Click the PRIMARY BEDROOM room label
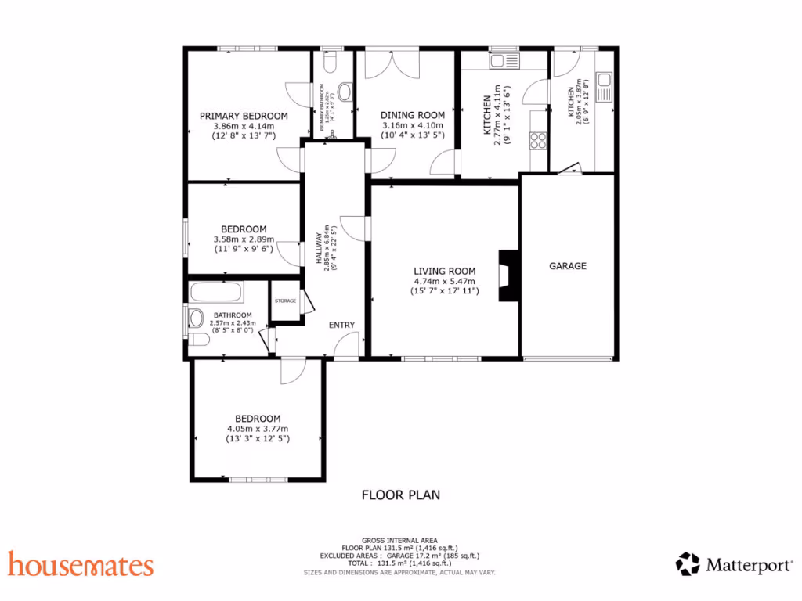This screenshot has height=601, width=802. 243,116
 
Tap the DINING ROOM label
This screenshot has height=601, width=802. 413,116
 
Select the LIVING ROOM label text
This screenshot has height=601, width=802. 445,272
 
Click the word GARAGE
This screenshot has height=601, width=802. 567,266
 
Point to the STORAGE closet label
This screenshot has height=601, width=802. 285,301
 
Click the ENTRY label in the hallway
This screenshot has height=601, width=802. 341,326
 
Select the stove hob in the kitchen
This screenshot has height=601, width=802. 538,140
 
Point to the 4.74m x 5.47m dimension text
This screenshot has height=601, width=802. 445,282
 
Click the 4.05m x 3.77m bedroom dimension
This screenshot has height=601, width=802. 258,429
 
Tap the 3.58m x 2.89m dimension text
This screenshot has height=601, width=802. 244,239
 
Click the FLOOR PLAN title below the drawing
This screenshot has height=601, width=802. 400,495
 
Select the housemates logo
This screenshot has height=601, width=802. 81,564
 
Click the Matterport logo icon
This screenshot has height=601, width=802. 688,563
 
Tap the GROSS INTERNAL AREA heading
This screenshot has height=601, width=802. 399,540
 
